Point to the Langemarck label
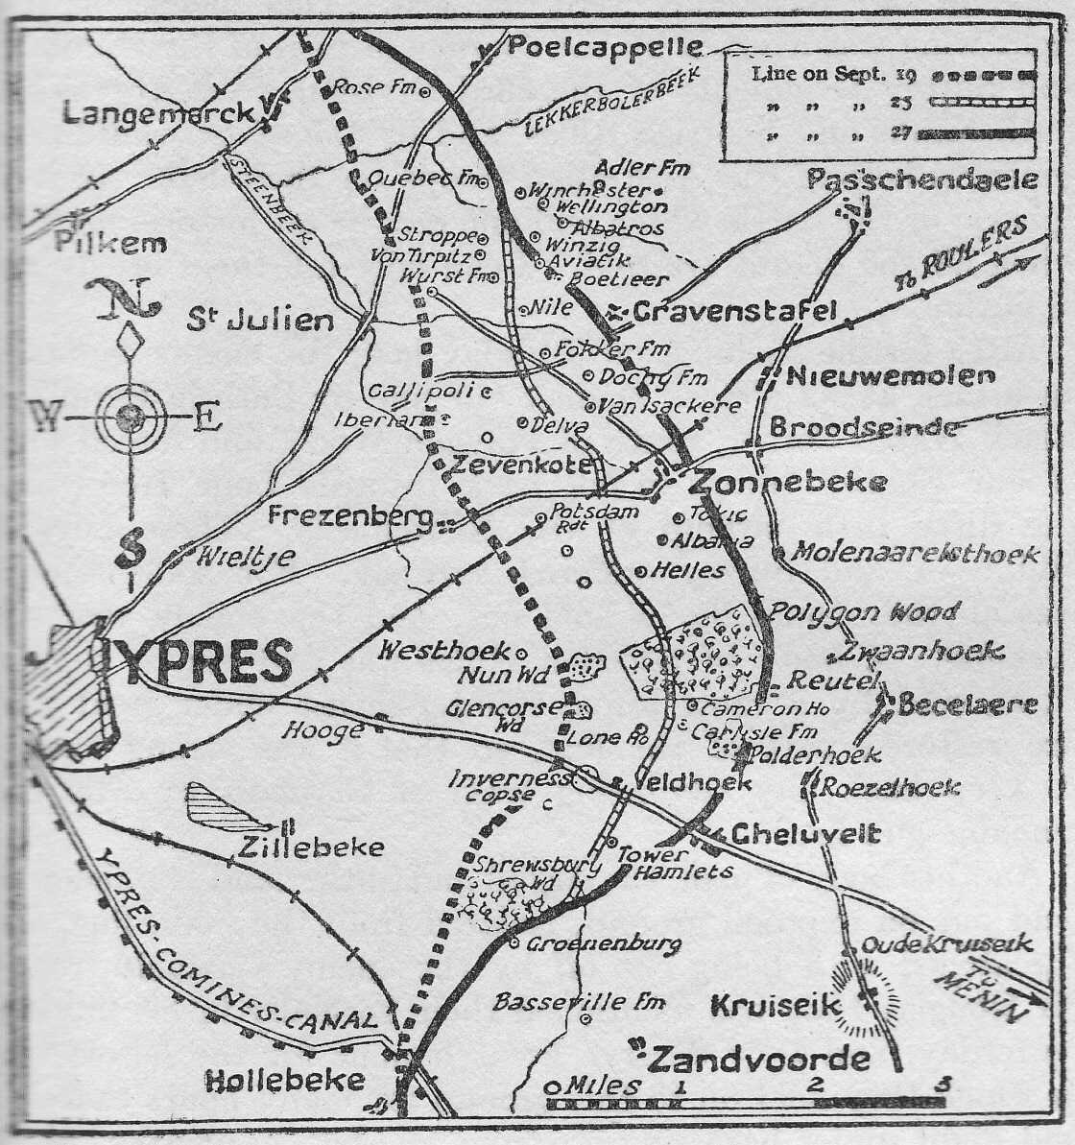pos(158,113)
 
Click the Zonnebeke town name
pos(787,482)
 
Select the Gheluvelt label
pos(805,833)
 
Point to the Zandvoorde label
pos(760,1060)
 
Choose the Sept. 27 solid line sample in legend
pos(975,133)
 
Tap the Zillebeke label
pos(313,847)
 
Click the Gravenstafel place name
pos(735,311)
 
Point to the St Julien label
pos(260,320)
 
